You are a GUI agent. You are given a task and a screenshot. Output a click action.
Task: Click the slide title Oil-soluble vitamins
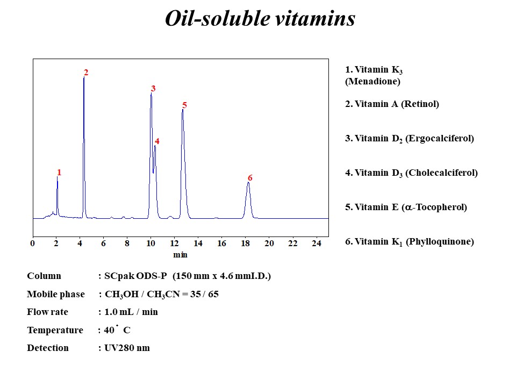(x=260, y=19)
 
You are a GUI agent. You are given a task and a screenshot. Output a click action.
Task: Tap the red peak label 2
(x=86, y=73)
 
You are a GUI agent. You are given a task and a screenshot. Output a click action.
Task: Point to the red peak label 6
(x=250, y=178)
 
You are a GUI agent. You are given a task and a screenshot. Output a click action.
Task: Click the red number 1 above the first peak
(x=59, y=173)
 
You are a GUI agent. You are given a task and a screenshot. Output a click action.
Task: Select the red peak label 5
(x=184, y=105)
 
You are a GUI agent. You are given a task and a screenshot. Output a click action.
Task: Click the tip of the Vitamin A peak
(x=84, y=78)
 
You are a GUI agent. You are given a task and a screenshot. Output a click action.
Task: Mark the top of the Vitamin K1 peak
(x=248, y=183)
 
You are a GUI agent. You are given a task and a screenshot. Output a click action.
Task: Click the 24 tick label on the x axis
(x=316, y=243)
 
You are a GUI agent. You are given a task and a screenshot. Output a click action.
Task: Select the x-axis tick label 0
(x=33, y=243)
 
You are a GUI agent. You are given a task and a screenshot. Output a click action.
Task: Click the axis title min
(x=180, y=254)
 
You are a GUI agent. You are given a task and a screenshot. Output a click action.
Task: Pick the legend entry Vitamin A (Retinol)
(x=392, y=104)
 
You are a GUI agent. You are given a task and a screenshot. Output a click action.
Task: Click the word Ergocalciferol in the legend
(x=439, y=139)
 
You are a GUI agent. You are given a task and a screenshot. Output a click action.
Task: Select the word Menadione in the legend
(x=372, y=82)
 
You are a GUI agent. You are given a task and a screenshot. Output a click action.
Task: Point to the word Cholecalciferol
(x=441, y=173)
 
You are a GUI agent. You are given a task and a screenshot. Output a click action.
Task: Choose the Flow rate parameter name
(x=48, y=312)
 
